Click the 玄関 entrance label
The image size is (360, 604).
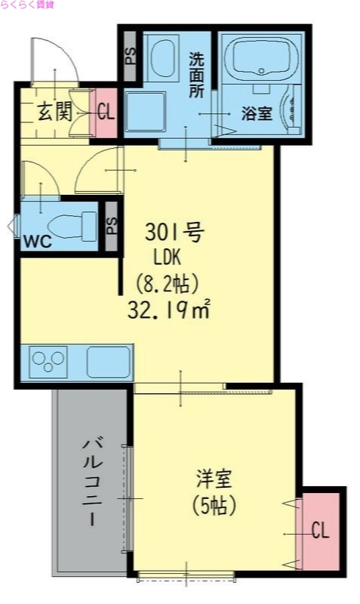point(54,113)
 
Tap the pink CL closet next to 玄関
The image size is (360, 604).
point(105,113)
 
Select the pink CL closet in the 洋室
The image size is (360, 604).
point(320,532)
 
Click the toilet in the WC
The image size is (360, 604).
point(72,224)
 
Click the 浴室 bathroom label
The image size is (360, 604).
point(257,114)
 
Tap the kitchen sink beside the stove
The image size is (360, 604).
point(109,361)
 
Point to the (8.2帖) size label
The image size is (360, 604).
point(167,284)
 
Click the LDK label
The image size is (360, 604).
point(168,258)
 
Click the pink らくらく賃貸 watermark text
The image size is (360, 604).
point(27,5)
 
